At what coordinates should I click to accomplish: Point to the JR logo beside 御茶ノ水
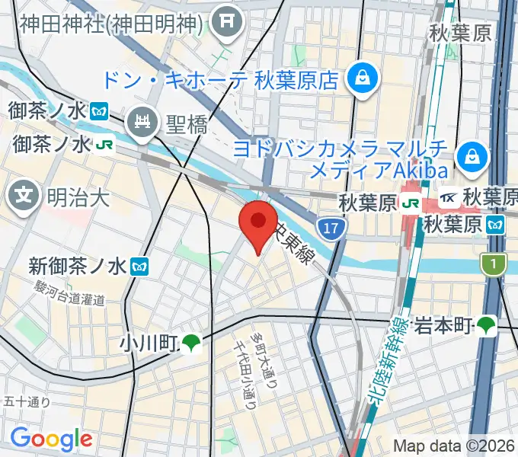pos(104,142)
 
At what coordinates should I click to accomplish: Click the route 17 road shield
pos(330,227)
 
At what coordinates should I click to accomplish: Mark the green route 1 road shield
pos(494,264)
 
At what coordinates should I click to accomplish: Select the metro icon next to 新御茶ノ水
pos(140,266)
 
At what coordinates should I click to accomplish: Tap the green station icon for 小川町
pos(191,344)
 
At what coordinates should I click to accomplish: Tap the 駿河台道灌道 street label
pos(69,293)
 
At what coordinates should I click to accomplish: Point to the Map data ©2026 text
pos(454,446)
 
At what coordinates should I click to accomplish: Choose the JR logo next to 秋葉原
pos(411,203)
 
